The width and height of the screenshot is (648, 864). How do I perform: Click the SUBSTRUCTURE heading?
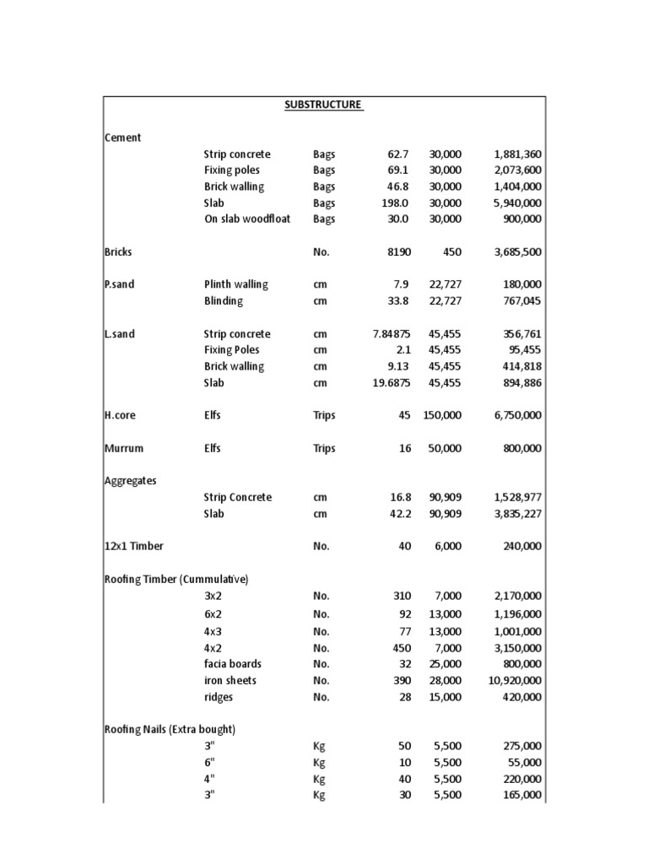(324, 105)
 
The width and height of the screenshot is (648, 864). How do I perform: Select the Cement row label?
(122, 138)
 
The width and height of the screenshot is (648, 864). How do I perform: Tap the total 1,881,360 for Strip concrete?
(517, 154)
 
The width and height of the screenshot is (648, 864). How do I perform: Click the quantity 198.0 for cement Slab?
(395, 203)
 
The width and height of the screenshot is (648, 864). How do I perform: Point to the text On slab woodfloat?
(246, 219)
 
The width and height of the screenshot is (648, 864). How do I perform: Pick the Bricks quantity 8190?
(397, 252)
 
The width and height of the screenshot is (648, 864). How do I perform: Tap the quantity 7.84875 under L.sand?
(391, 334)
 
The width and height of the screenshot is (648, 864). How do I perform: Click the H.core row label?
(120, 415)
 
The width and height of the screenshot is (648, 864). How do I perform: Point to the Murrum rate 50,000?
(445, 448)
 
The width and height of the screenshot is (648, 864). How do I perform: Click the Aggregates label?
(130, 481)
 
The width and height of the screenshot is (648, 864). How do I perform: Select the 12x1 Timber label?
(133, 547)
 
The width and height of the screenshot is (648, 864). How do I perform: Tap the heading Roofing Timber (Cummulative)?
(176, 580)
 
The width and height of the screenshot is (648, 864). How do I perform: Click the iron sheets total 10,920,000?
(514, 681)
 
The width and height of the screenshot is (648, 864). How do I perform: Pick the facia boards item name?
(233, 664)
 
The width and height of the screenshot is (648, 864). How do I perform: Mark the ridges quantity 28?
(404, 697)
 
